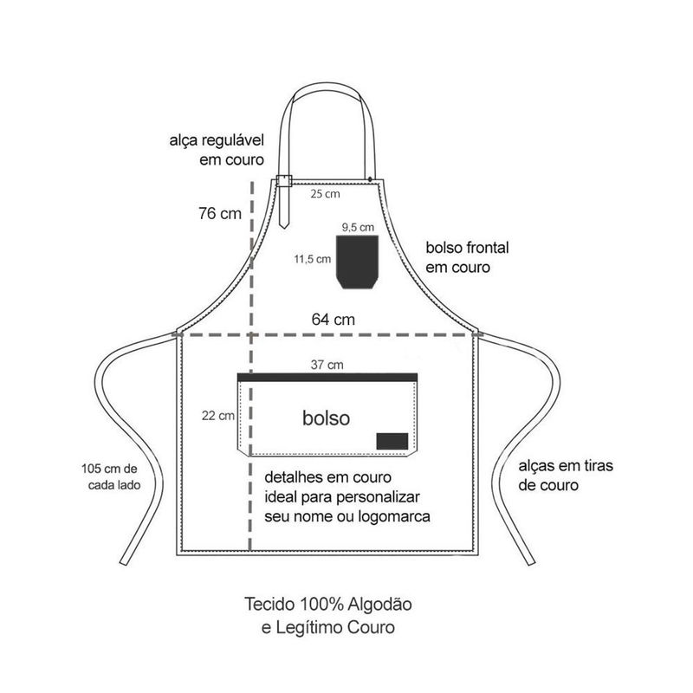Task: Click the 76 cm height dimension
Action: [x=218, y=213]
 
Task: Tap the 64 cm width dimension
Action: [x=334, y=319]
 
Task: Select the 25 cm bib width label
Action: [x=326, y=194]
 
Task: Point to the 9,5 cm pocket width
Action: [x=357, y=226]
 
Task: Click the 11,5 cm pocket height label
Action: [x=312, y=258]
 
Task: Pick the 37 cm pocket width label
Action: [x=328, y=365]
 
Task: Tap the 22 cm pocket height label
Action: [x=217, y=416]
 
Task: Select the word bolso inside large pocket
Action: [x=327, y=418]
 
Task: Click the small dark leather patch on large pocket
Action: [x=392, y=440]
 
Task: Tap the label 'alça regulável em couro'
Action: [x=217, y=149]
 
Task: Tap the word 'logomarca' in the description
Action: [x=389, y=516]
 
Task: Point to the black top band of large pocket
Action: [x=327, y=376]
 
